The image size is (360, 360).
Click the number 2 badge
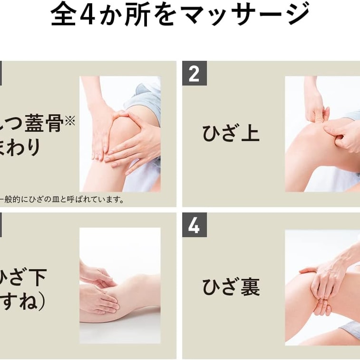tap(194, 74)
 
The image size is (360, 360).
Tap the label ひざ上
tap(231, 133)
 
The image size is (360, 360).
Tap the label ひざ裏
tap(231, 287)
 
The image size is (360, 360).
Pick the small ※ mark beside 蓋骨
tap(70, 121)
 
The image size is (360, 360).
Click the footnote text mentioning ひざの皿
tap(62, 200)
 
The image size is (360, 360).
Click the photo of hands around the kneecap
tap(120, 134)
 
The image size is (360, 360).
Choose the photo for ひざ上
tap(322, 134)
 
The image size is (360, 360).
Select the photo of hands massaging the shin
tap(120, 285)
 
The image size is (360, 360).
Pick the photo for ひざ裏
tap(322, 287)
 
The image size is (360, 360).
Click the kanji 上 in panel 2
tap(250, 133)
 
